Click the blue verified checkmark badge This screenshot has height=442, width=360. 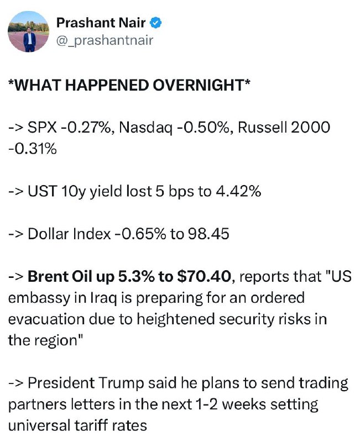155,23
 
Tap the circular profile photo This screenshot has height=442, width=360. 29,31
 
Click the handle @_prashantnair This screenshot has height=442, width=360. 105,40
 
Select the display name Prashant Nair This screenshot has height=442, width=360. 101,23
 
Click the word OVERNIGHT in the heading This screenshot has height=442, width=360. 202,85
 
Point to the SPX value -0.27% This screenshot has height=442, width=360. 87,128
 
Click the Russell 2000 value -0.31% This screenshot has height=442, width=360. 33,149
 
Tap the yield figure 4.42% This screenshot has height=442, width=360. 238,191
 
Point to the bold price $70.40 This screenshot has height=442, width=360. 204,277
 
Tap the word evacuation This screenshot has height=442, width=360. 46,319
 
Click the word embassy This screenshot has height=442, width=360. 39,299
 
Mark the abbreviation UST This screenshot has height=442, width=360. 43,191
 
